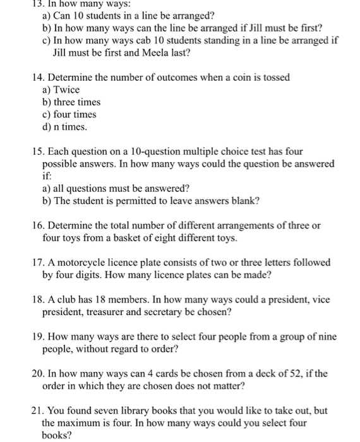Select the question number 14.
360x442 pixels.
point(38,77)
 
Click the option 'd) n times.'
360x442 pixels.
point(64,126)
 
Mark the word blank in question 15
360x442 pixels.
point(244,201)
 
